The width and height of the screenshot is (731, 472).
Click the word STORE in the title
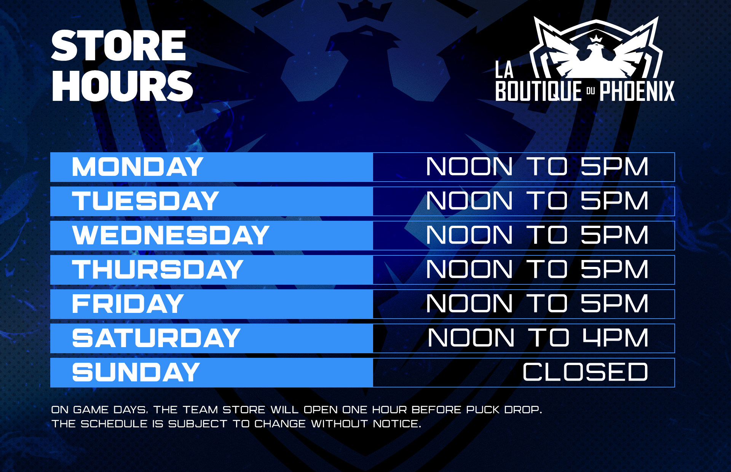pyautogui.click(x=118, y=46)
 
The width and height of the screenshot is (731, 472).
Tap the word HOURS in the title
pyautogui.click(x=123, y=86)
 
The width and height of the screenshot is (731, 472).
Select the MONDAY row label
pyautogui.click(x=137, y=167)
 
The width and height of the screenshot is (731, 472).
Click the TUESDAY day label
pyautogui.click(x=145, y=201)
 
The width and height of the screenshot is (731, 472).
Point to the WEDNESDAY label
pyautogui.click(x=171, y=235)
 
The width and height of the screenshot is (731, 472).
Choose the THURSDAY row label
pyautogui.click(x=158, y=269)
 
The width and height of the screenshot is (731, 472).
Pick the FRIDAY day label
pyautogui.click(x=128, y=304)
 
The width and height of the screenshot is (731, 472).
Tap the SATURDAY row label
pyautogui.click(x=156, y=338)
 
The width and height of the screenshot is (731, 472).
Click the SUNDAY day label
pyautogui.click(x=136, y=372)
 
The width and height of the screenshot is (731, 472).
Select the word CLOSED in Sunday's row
pyautogui.click(x=585, y=372)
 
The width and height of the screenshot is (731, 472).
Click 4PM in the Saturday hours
pyautogui.click(x=616, y=338)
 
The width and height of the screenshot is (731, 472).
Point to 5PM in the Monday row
pyautogui.click(x=614, y=167)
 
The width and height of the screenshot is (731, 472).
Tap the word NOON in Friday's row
pyautogui.click(x=469, y=304)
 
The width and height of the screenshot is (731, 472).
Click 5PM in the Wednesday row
pyautogui.click(x=614, y=235)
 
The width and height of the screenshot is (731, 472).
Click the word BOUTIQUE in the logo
pyautogui.click(x=539, y=91)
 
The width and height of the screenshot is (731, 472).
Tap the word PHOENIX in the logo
pyautogui.click(x=637, y=91)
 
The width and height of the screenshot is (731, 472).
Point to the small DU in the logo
pyautogui.click(x=591, y=91)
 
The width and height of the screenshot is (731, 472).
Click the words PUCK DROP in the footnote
pyautogui.click(x=504, y=410)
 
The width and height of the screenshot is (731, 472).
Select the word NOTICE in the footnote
pyautogui.click(x=397, y=424)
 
